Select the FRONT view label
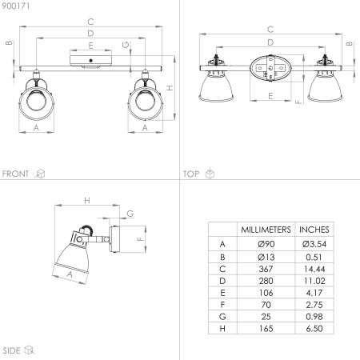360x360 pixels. [x=16, y=173]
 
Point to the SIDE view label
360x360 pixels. [x=11, y=350]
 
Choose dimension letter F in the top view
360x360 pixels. [x=297, y=102]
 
